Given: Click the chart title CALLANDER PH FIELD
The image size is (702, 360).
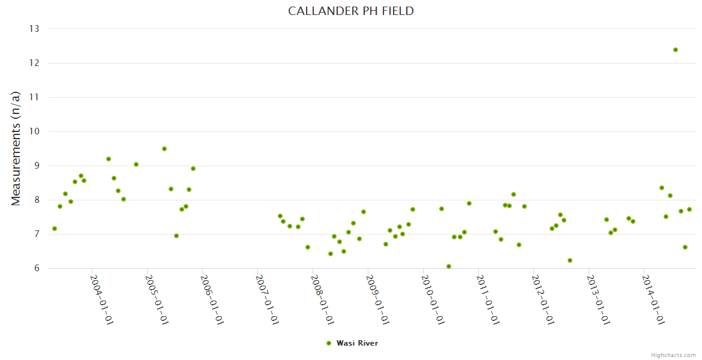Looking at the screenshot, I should coord(351,11).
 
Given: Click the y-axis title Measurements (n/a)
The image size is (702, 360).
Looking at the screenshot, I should coord(16,148).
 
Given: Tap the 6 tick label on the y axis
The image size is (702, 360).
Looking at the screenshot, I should coord(36,268).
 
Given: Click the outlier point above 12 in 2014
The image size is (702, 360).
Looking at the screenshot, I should coord(676,50).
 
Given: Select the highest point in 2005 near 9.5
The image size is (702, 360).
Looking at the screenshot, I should coord(164,149).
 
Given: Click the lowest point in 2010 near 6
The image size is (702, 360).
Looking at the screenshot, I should coord(449,266).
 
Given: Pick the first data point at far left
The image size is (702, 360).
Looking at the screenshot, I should coord(55,229).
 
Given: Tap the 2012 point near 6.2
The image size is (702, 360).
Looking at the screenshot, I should coord(570,260).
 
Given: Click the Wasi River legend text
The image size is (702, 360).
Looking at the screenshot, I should coord(357,343).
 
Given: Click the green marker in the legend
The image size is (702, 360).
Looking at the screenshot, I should coord(329,343).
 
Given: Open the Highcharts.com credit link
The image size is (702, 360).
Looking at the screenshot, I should coord(673,355).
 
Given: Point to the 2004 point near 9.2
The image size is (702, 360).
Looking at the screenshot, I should coord(109,159).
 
